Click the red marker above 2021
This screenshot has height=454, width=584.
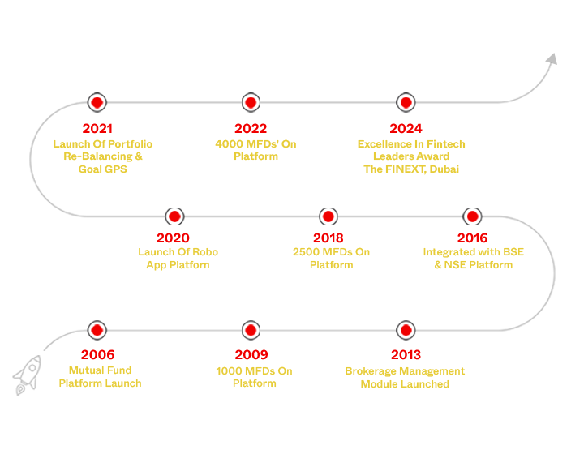(97, 102)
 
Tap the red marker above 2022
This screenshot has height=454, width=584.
(251, 102)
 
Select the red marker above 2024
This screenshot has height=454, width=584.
(406, 102)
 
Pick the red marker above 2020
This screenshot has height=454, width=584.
(174, 216)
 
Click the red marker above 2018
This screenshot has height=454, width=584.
(328, 216)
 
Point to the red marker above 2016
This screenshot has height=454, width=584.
(472, 216)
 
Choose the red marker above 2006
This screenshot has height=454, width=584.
(97, 330)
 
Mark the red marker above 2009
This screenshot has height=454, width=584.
(251, 330)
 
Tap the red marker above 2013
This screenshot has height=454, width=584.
(406, 330)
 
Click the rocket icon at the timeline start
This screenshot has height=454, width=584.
(27, 375)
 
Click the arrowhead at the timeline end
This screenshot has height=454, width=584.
(551, 59)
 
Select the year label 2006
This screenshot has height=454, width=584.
(97, 355)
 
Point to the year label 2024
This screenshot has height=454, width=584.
(406, 128)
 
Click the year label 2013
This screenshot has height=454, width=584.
(406, 355)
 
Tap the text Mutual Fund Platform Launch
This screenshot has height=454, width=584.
(100, 377)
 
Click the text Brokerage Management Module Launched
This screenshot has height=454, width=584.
(405, 377)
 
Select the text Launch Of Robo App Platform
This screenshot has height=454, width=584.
(178, 259)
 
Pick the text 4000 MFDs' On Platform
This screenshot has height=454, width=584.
(255, 150)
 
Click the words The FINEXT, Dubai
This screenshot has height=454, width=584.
(411, 169)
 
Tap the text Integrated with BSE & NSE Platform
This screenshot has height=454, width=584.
(473, 259)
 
